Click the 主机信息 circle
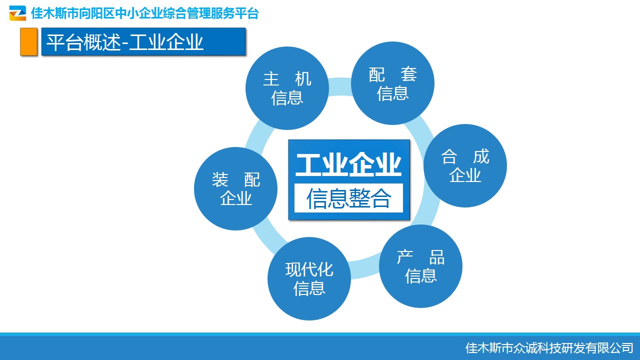pyautogui.click(x=287, y=88)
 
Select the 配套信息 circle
pyautogui.click(x=392, y=83)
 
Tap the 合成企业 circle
pyautogui.click(x=465, y=165)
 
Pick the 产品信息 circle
pyautogui.click(x=420, y=266)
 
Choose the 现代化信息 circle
pyautogui.click(x=309, y=278)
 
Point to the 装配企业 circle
pyautogui.click(x=235, y=188)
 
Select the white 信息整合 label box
pyautogui.click(x=348, y=198)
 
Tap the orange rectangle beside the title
pyautogui.click(x=28, y=41)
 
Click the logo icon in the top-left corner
pyautogui.click(x=17, y=13)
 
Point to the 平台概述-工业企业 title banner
pyautogui.click(x=143, y=41)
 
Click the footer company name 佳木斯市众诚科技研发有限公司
pyautogui.click(x=549, y=348)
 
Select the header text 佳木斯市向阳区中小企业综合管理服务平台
pyautogui.click(x=145, y=13)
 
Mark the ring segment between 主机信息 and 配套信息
pyautogui.click(x=340, y=86)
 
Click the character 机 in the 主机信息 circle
pyautogui.click(x=303, y=79)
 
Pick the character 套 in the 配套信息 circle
pyautogui.click(x=409, y=74)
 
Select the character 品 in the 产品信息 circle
pyautogui.click(x=437, y=257)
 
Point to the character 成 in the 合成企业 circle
pyautogui.click(x=481, y=156)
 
